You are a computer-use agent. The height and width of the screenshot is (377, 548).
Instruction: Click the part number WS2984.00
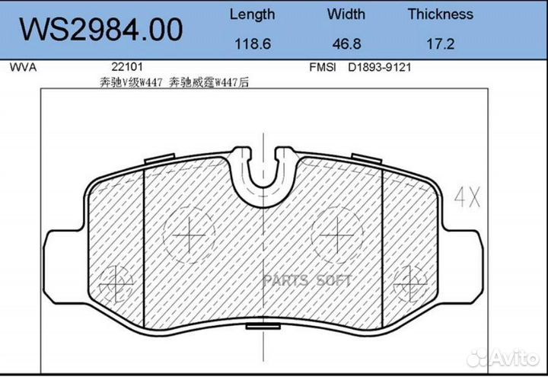(x=100, y=30)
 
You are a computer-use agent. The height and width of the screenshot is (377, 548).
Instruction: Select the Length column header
(x=252, y=14)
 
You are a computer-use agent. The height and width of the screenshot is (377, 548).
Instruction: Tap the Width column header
(x=346, y=14)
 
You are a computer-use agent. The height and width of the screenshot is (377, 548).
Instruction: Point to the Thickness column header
(x=440, y=14)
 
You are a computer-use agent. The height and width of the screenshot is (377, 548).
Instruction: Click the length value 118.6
(x=252, y=44)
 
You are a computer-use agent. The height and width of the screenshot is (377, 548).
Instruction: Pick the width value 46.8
(x=346, y=44)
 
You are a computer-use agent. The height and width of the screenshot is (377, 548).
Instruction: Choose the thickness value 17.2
(x=440, y=44)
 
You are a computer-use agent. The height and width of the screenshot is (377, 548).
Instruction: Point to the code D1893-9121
(x=380, y=67)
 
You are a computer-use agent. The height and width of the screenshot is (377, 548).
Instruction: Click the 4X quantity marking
(x=467, y=199)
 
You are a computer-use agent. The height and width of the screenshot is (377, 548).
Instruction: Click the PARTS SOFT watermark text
(x=307, y=281)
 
